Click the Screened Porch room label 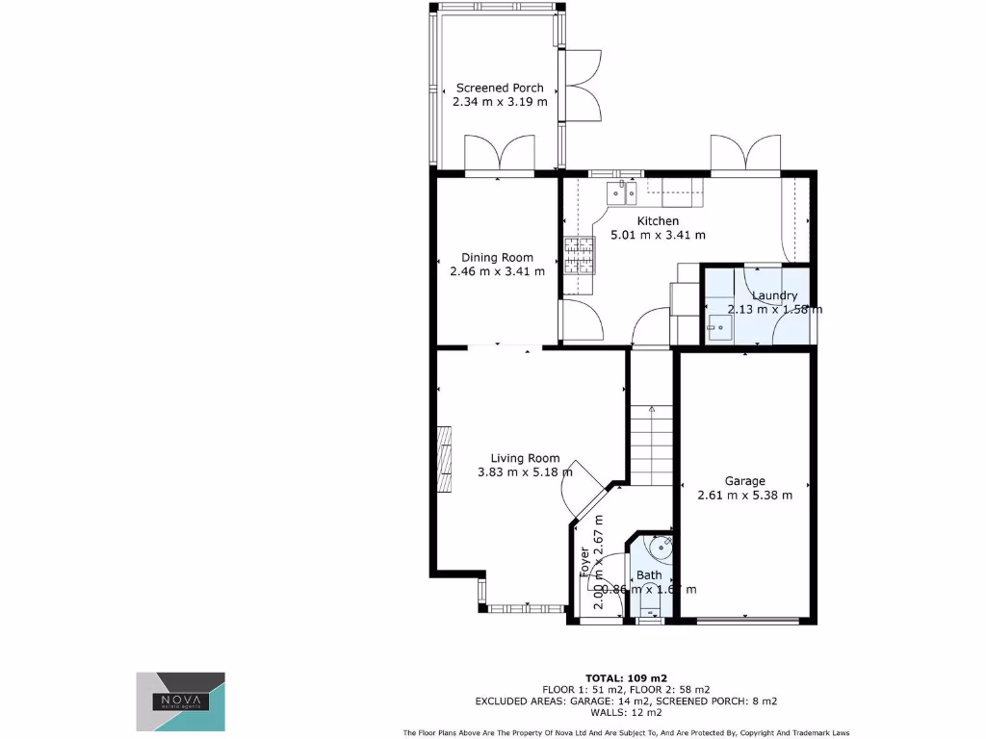point(500,88)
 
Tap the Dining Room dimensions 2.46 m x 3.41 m point(497,271)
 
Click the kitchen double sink point(622,194)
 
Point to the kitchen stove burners point(580,256)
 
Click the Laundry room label point(774,295)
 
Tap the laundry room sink point(718,327)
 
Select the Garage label point(744,481)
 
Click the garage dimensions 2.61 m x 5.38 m point(744,496)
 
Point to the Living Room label point(525,458)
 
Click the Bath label point(648,575)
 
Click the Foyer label point(584,562)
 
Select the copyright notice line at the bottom point(625,732)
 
